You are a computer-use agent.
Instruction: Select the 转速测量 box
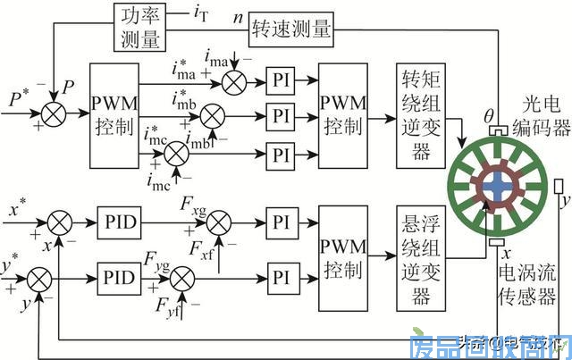tap(290, 29)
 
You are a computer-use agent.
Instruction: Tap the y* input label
tap(13, 267)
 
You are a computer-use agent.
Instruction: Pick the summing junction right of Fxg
tap(219, 219)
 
